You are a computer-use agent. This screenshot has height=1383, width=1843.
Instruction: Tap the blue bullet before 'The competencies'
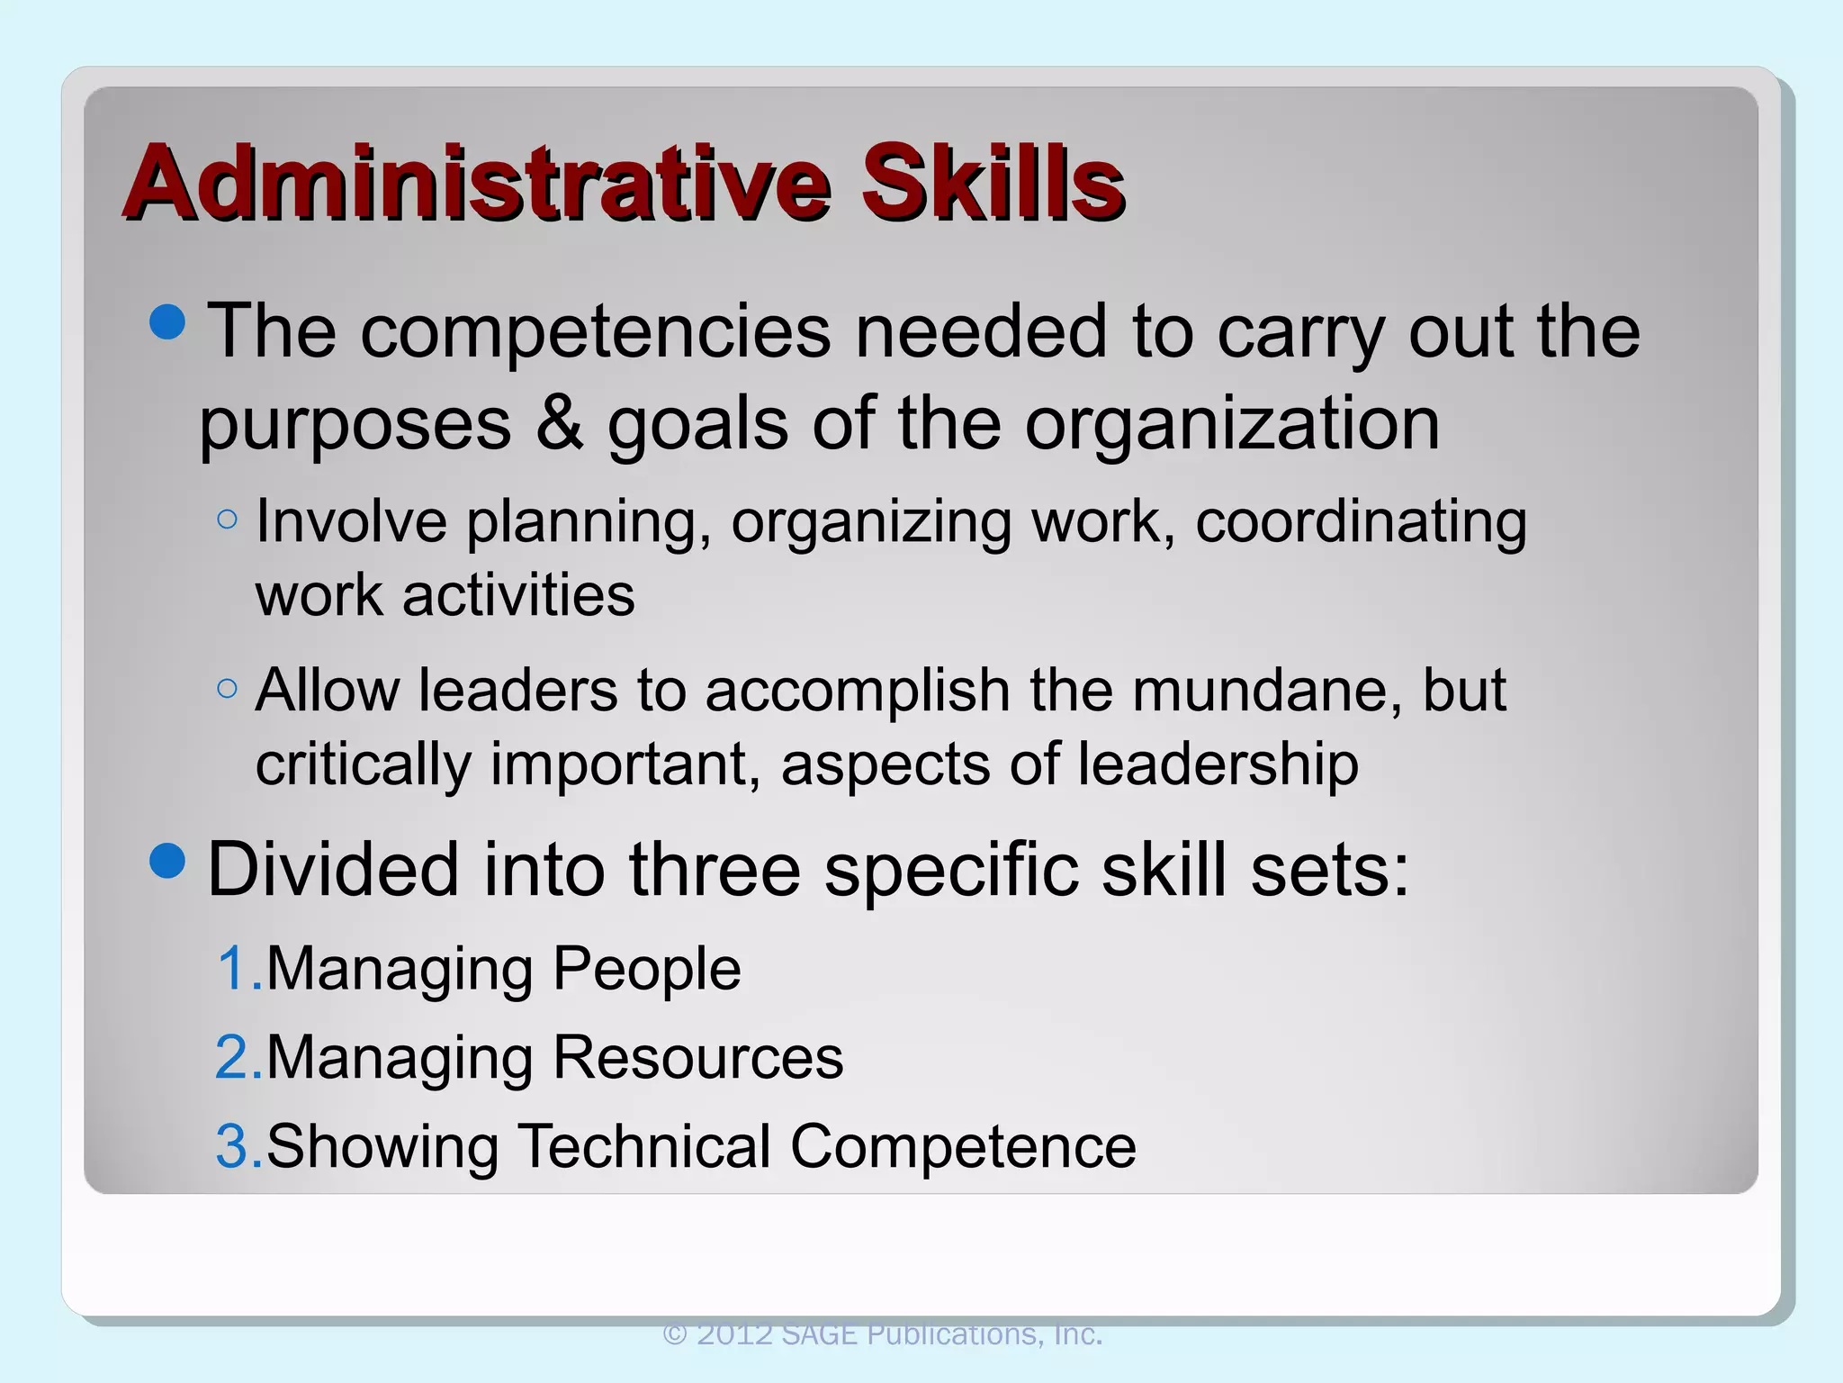(x=168, y=321)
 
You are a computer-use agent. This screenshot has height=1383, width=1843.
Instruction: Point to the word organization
(x=1232, y=425)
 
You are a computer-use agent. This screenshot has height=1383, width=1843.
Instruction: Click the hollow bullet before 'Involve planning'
(x=228, y=520)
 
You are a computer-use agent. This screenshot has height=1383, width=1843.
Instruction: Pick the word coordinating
(x=1361, y=522)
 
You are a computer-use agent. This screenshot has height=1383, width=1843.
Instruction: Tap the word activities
(x=518, y=596)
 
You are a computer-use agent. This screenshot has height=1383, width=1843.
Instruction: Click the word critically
(x=363, y=765)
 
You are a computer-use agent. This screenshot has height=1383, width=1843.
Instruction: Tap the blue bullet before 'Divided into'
(x=168, y=861)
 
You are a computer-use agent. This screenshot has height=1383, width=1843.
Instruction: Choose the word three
(x=715, y=870)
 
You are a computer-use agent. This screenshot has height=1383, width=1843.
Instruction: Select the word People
(x=646, y=970)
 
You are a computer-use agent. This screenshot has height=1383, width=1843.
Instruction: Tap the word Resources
(x=697, y=1058)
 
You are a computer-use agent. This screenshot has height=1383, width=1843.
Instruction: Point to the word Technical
(x=643, y=1147)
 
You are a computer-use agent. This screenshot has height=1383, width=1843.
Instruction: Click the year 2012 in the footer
(x=734, y=1334)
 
